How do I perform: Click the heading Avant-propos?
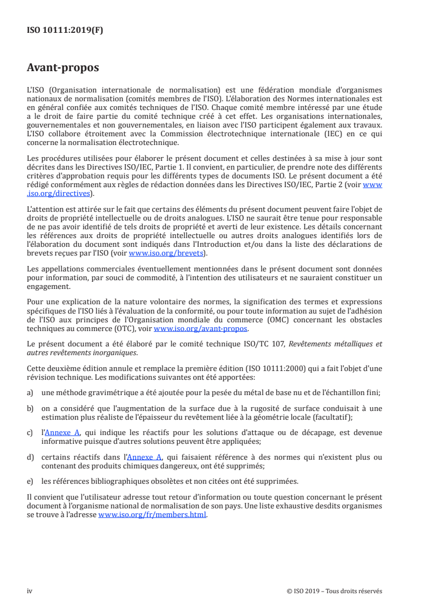[x=63, y=68]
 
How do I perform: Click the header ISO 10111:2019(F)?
[x=65, y=31]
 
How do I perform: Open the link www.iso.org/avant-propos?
[x=201, y=329]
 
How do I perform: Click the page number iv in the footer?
[x=30, y=590]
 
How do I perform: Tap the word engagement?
[x=49, y=286]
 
